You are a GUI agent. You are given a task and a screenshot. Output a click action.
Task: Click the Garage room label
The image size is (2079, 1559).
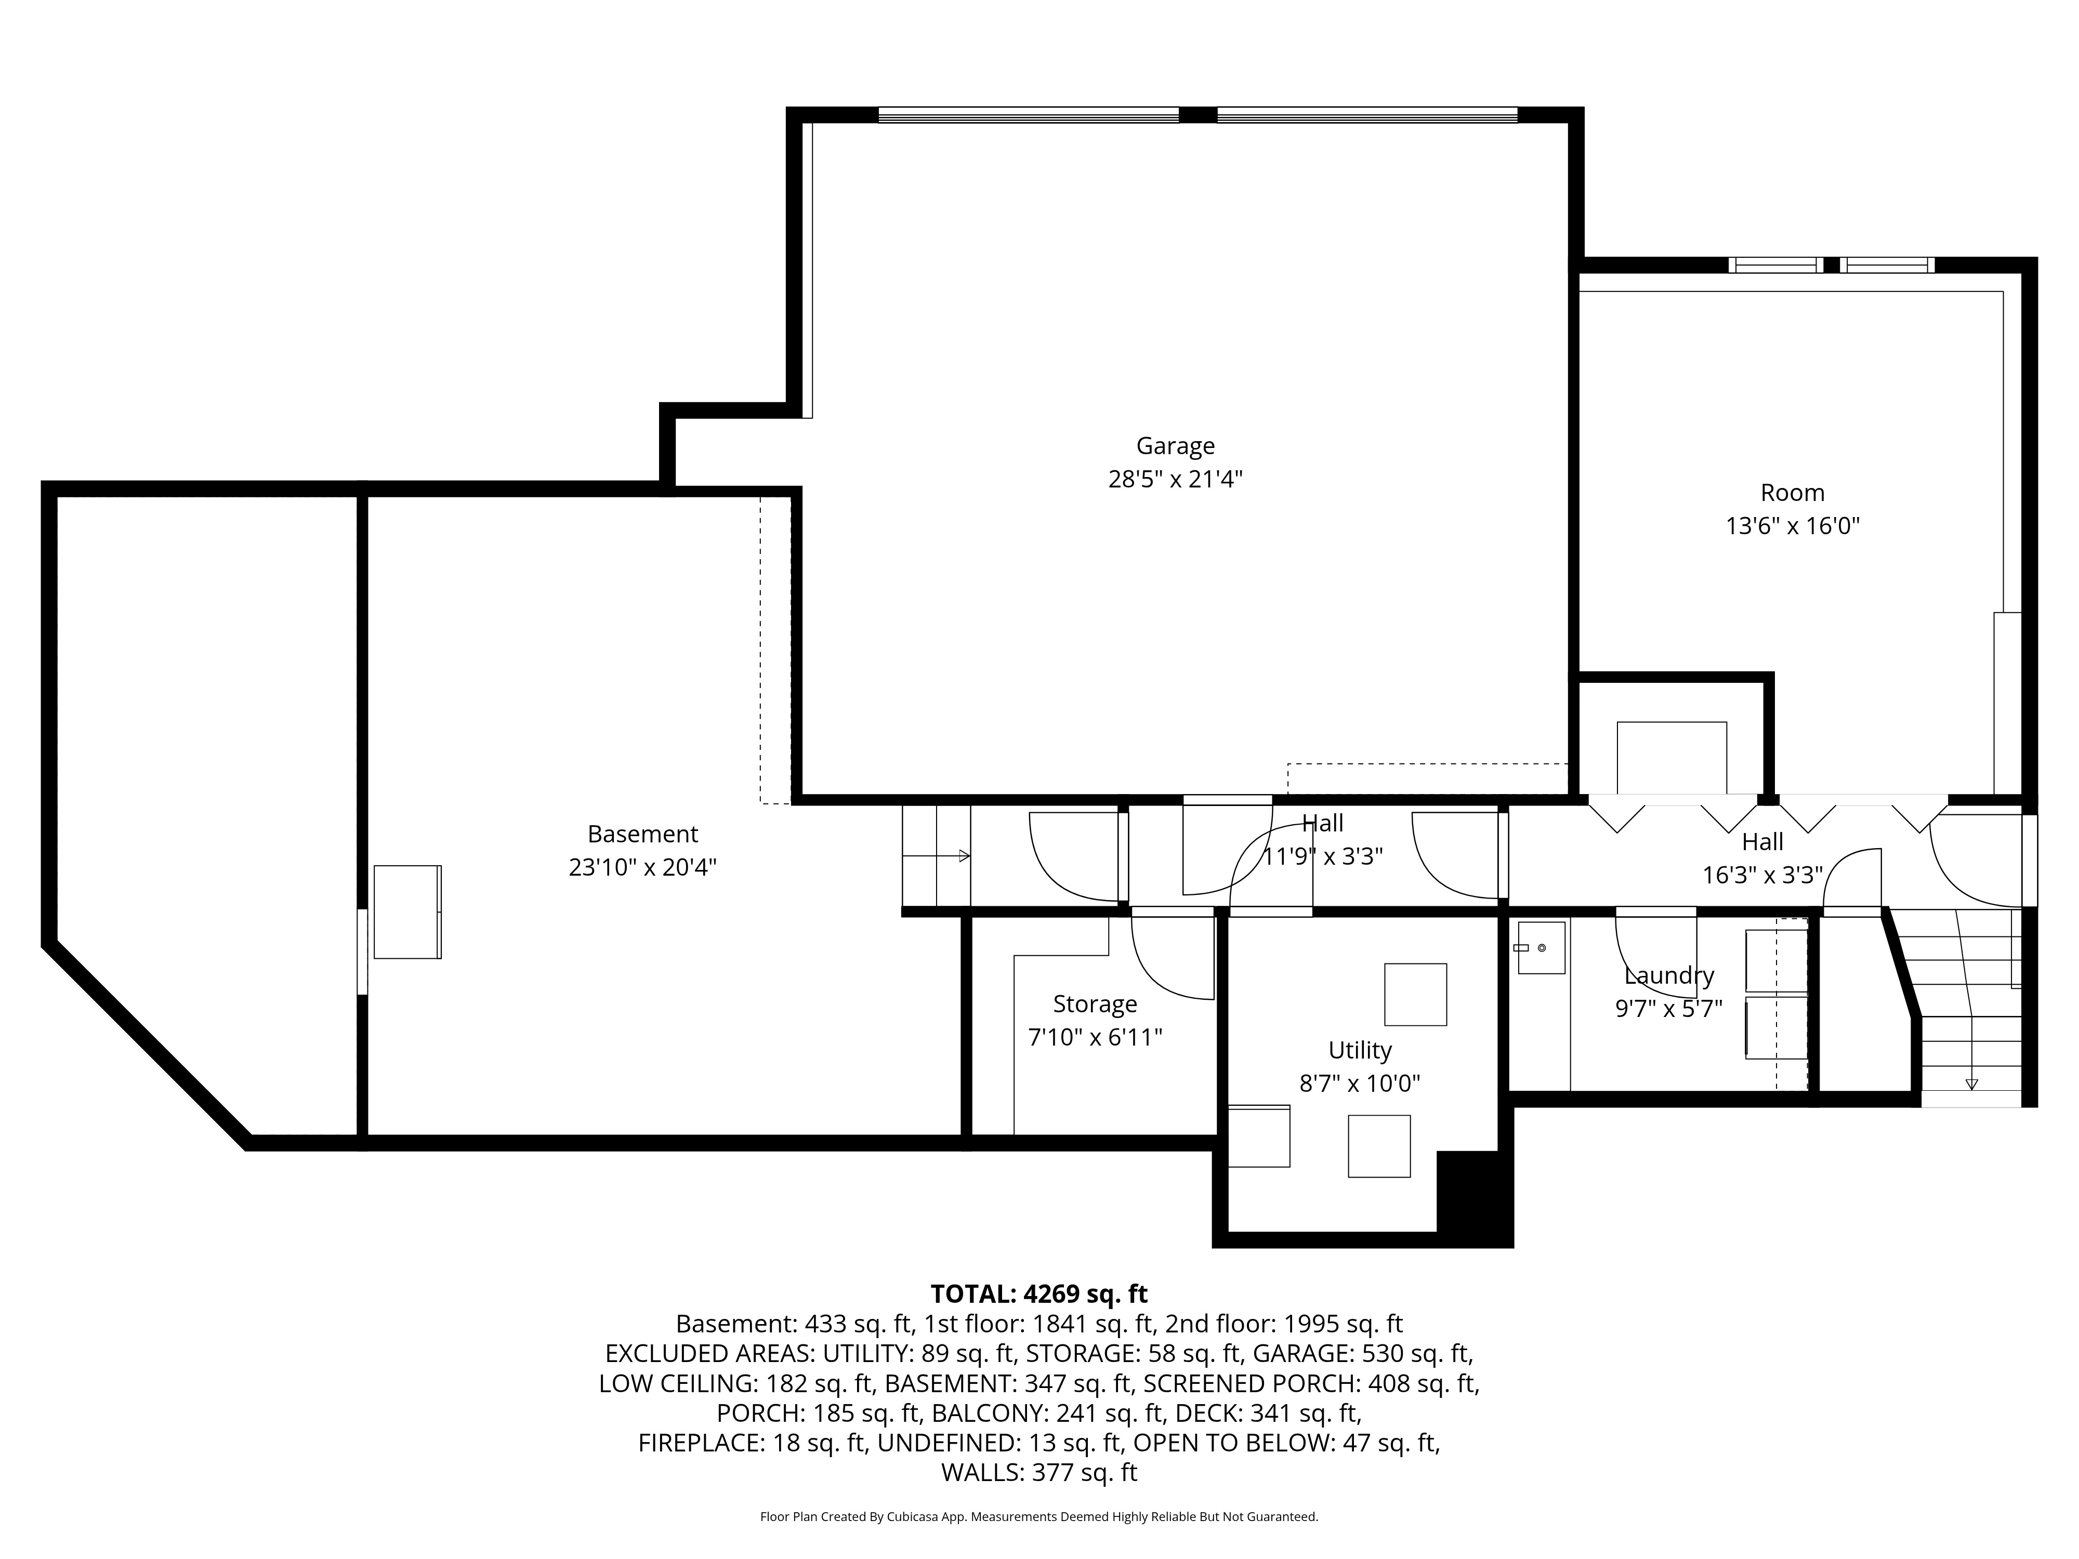pos(1175,446)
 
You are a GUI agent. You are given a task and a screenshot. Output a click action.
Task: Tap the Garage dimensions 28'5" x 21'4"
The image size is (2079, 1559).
pos(1175,479)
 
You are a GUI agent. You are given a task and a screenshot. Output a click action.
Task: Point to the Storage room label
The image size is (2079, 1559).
pos(1095,1005)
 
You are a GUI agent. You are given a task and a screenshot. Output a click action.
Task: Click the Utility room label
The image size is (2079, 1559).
pos(1359,1051)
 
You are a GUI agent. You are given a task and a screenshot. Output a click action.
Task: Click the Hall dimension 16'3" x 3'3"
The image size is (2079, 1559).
pos(1762,875)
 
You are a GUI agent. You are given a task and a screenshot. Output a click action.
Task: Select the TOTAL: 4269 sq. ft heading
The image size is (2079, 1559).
pos(1038,1295)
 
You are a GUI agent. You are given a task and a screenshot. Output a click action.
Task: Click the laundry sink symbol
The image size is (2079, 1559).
pos(1541,947)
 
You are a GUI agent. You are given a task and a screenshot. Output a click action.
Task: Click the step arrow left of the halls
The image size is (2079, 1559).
pos(936,856)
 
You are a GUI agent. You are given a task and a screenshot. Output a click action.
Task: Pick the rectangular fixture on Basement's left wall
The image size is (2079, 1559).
pos(407,911)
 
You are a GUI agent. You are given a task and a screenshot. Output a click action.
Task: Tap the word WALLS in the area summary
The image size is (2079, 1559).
pos(981,1473)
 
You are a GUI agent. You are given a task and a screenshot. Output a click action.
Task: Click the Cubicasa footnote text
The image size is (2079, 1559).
pos(1038,1517)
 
